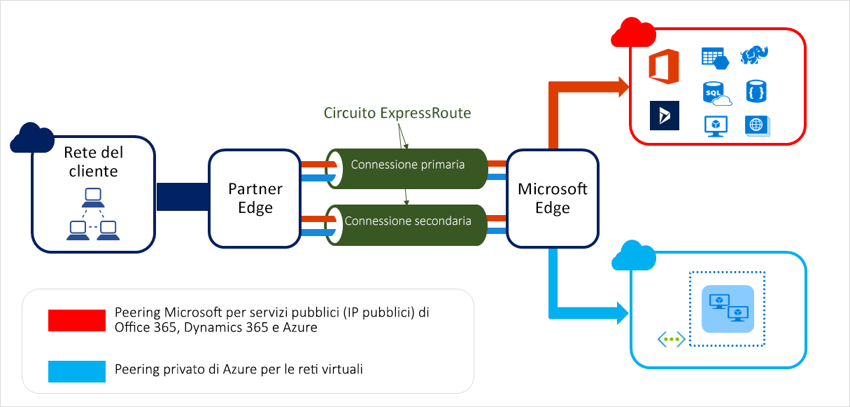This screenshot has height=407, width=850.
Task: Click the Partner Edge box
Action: click(x=255, y=198)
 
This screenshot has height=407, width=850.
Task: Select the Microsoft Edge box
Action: click(x=552, y=198)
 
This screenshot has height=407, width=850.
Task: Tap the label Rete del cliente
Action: click(x=91, y=162)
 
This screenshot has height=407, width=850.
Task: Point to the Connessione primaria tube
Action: click(x=407, y=165)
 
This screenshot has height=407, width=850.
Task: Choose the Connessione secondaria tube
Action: click(x=407, y=221)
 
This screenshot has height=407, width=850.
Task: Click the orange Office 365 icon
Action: click(x=664, y=67)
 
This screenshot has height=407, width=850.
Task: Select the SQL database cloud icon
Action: click(x=716, y=93)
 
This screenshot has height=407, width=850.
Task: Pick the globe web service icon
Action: click(x=756, y=125)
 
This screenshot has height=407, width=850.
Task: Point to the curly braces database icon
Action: click(x=756, y=92)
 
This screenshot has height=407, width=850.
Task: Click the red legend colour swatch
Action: click(x=76, y=320)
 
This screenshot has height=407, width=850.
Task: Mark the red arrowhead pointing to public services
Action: click(x=621, y=88)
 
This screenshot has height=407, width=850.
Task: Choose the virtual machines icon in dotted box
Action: click(x=727, y=309)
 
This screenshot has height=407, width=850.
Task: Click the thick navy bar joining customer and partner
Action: click(x=182, y=197)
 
